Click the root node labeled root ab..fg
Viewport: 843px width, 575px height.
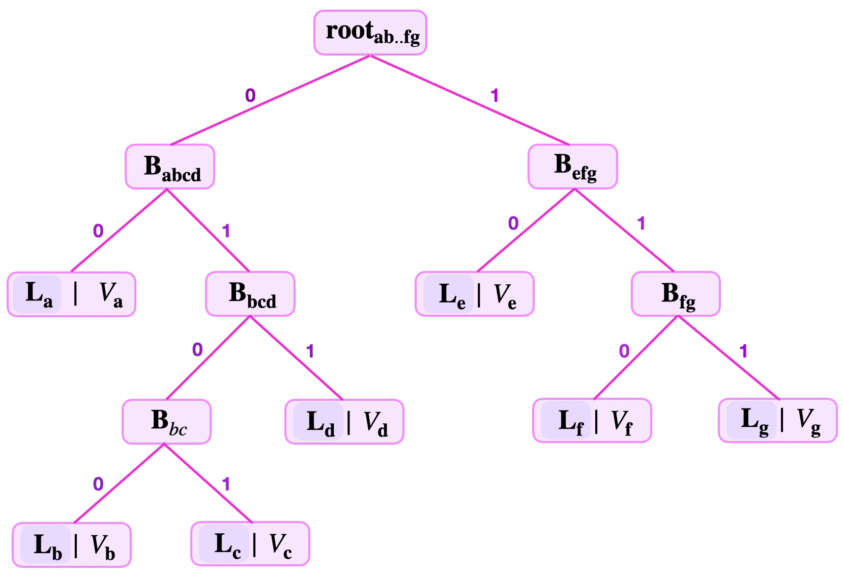pos(370,32)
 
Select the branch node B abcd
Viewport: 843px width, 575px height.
pos(170,167)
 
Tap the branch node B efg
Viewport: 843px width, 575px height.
pos(572,167)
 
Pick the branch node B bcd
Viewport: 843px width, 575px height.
pos(250,294)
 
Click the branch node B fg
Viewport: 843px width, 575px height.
pos(676,294)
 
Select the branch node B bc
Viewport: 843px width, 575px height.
pos(166,422)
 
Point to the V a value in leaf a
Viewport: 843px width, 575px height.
pos(110,294)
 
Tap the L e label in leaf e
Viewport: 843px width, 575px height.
pos(450,294)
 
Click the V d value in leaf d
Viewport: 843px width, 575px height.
pos(375,423)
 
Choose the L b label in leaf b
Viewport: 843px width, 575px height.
pos(46,545)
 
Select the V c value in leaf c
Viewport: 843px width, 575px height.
pos(280,544)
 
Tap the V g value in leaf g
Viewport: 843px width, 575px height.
pos(808,421)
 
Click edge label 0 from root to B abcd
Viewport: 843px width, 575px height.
pos(250,95)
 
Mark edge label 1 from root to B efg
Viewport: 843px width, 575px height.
pos(495,95)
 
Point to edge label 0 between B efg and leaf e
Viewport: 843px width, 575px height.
pos(513,223)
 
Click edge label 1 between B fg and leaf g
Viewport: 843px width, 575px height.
pos(743,351)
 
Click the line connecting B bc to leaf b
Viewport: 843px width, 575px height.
pos(119,483)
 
